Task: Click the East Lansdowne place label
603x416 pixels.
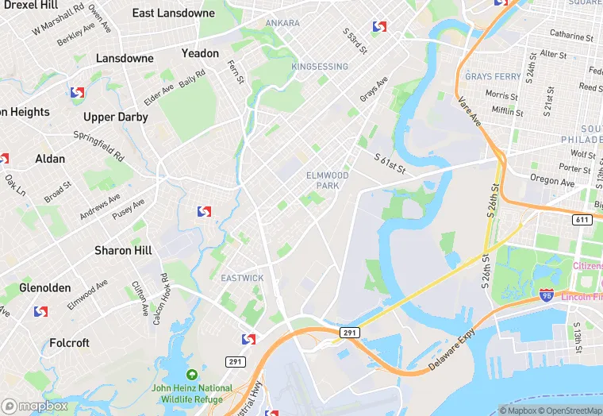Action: (173, 13)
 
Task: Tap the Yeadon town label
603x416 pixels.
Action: (200, 53)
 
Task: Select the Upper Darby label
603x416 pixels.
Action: (110, 117)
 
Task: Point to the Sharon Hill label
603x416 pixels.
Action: (124, 250)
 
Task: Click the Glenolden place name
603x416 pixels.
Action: (44, 287)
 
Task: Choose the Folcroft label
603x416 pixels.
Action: (69, 343)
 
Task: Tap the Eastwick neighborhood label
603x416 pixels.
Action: (242, 278)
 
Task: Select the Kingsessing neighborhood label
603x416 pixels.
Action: (319, 67)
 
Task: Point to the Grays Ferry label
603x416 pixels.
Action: (493, 77)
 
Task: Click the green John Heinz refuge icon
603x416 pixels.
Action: (191, 375)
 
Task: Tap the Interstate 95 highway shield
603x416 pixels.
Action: (546, 295)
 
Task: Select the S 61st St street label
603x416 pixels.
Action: (390, 163)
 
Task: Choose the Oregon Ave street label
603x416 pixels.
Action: (551, 182)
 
